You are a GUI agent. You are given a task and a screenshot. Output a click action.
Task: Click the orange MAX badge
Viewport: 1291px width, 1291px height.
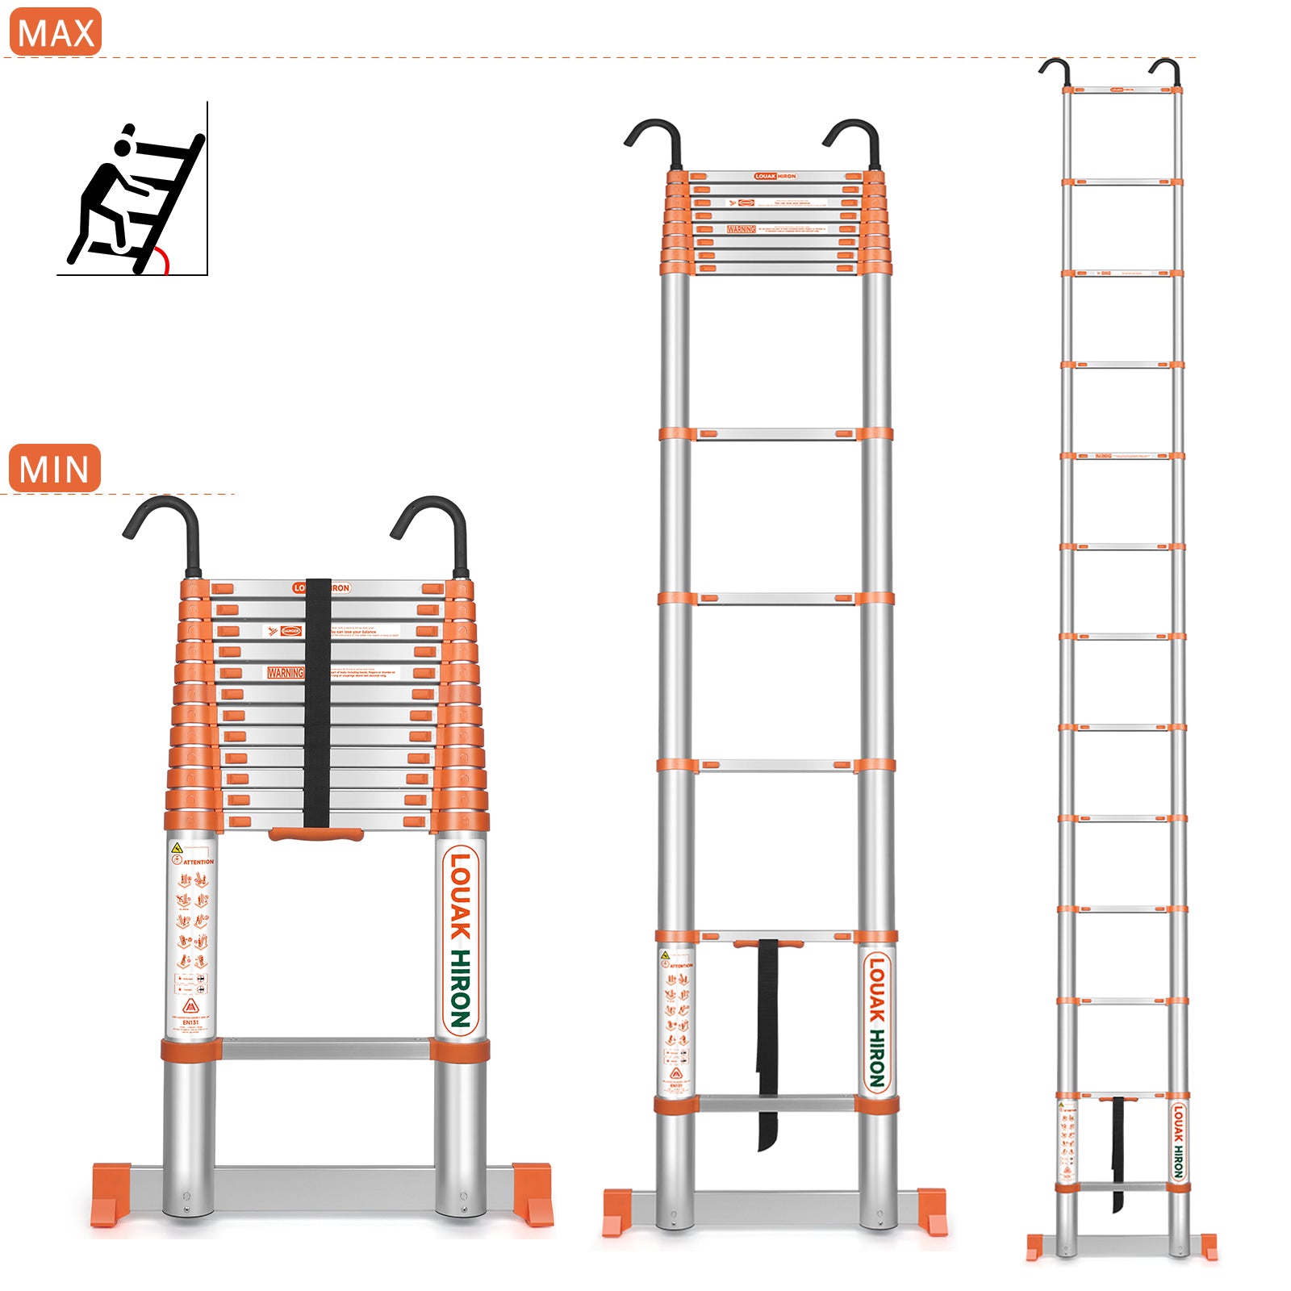point(55,32)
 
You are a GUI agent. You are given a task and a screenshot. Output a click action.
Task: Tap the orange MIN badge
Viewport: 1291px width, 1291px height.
point(54,468)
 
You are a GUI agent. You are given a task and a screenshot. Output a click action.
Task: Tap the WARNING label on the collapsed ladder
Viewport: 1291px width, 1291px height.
point(286,672)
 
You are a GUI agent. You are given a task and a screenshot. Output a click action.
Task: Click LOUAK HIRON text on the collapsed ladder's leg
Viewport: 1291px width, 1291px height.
point(460,940)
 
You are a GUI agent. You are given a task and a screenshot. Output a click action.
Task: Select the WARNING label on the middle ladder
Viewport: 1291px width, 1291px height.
point(741,229)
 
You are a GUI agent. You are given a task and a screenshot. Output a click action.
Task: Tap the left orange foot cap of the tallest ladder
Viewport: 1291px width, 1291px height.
point(1034,1247)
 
